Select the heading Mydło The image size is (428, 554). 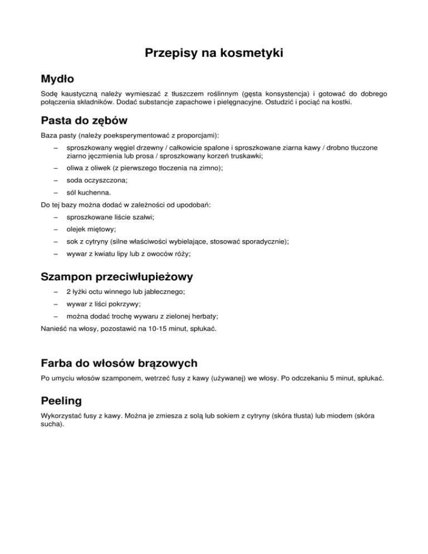tap(58, 79)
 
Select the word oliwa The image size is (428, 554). tap(75, 168)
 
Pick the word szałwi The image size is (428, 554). tap(144, 217)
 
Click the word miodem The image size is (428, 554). tap(336, 415)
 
